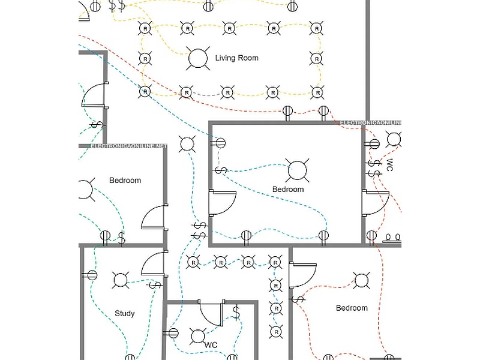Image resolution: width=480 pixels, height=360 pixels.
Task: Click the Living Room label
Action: pyautogui.click(x=236, y=58)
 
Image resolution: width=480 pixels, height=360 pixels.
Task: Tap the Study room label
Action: pyautogui.click(x=124, y=313)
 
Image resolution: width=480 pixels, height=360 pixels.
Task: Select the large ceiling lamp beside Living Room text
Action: pyautogui.click(x=197, y=58)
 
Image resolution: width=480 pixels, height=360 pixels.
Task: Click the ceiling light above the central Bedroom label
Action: pyautogui.click(x=296, y=170)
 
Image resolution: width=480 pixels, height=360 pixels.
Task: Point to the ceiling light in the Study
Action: pyautogui.click(x=121, y=280)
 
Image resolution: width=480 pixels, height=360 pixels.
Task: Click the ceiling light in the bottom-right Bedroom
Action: pyautogui.click(x=361, y=280)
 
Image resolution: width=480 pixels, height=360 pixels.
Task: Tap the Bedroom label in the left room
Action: pyautogui.click(x=125, y=180)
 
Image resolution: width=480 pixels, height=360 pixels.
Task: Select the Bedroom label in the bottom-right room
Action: pyautogui.click(x=351, y=308)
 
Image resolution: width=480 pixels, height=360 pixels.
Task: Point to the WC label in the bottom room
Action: pyautogui.click(x=211, y=345)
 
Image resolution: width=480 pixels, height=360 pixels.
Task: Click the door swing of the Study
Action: pyautogui.click(x=152, y=263)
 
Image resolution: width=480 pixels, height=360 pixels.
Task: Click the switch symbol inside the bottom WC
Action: pyautogui.click(x=236, y=313)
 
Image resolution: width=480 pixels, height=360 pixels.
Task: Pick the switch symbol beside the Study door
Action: pyautogui.click(x=155, y=284)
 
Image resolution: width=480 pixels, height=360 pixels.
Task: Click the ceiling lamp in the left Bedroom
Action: pyautogui.click(x=85, y=190)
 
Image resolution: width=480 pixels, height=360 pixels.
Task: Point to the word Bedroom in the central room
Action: pyautogui.click(x=288, y=189)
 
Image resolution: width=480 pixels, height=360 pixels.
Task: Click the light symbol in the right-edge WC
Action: pyautogui.click(x=394, y=140)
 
